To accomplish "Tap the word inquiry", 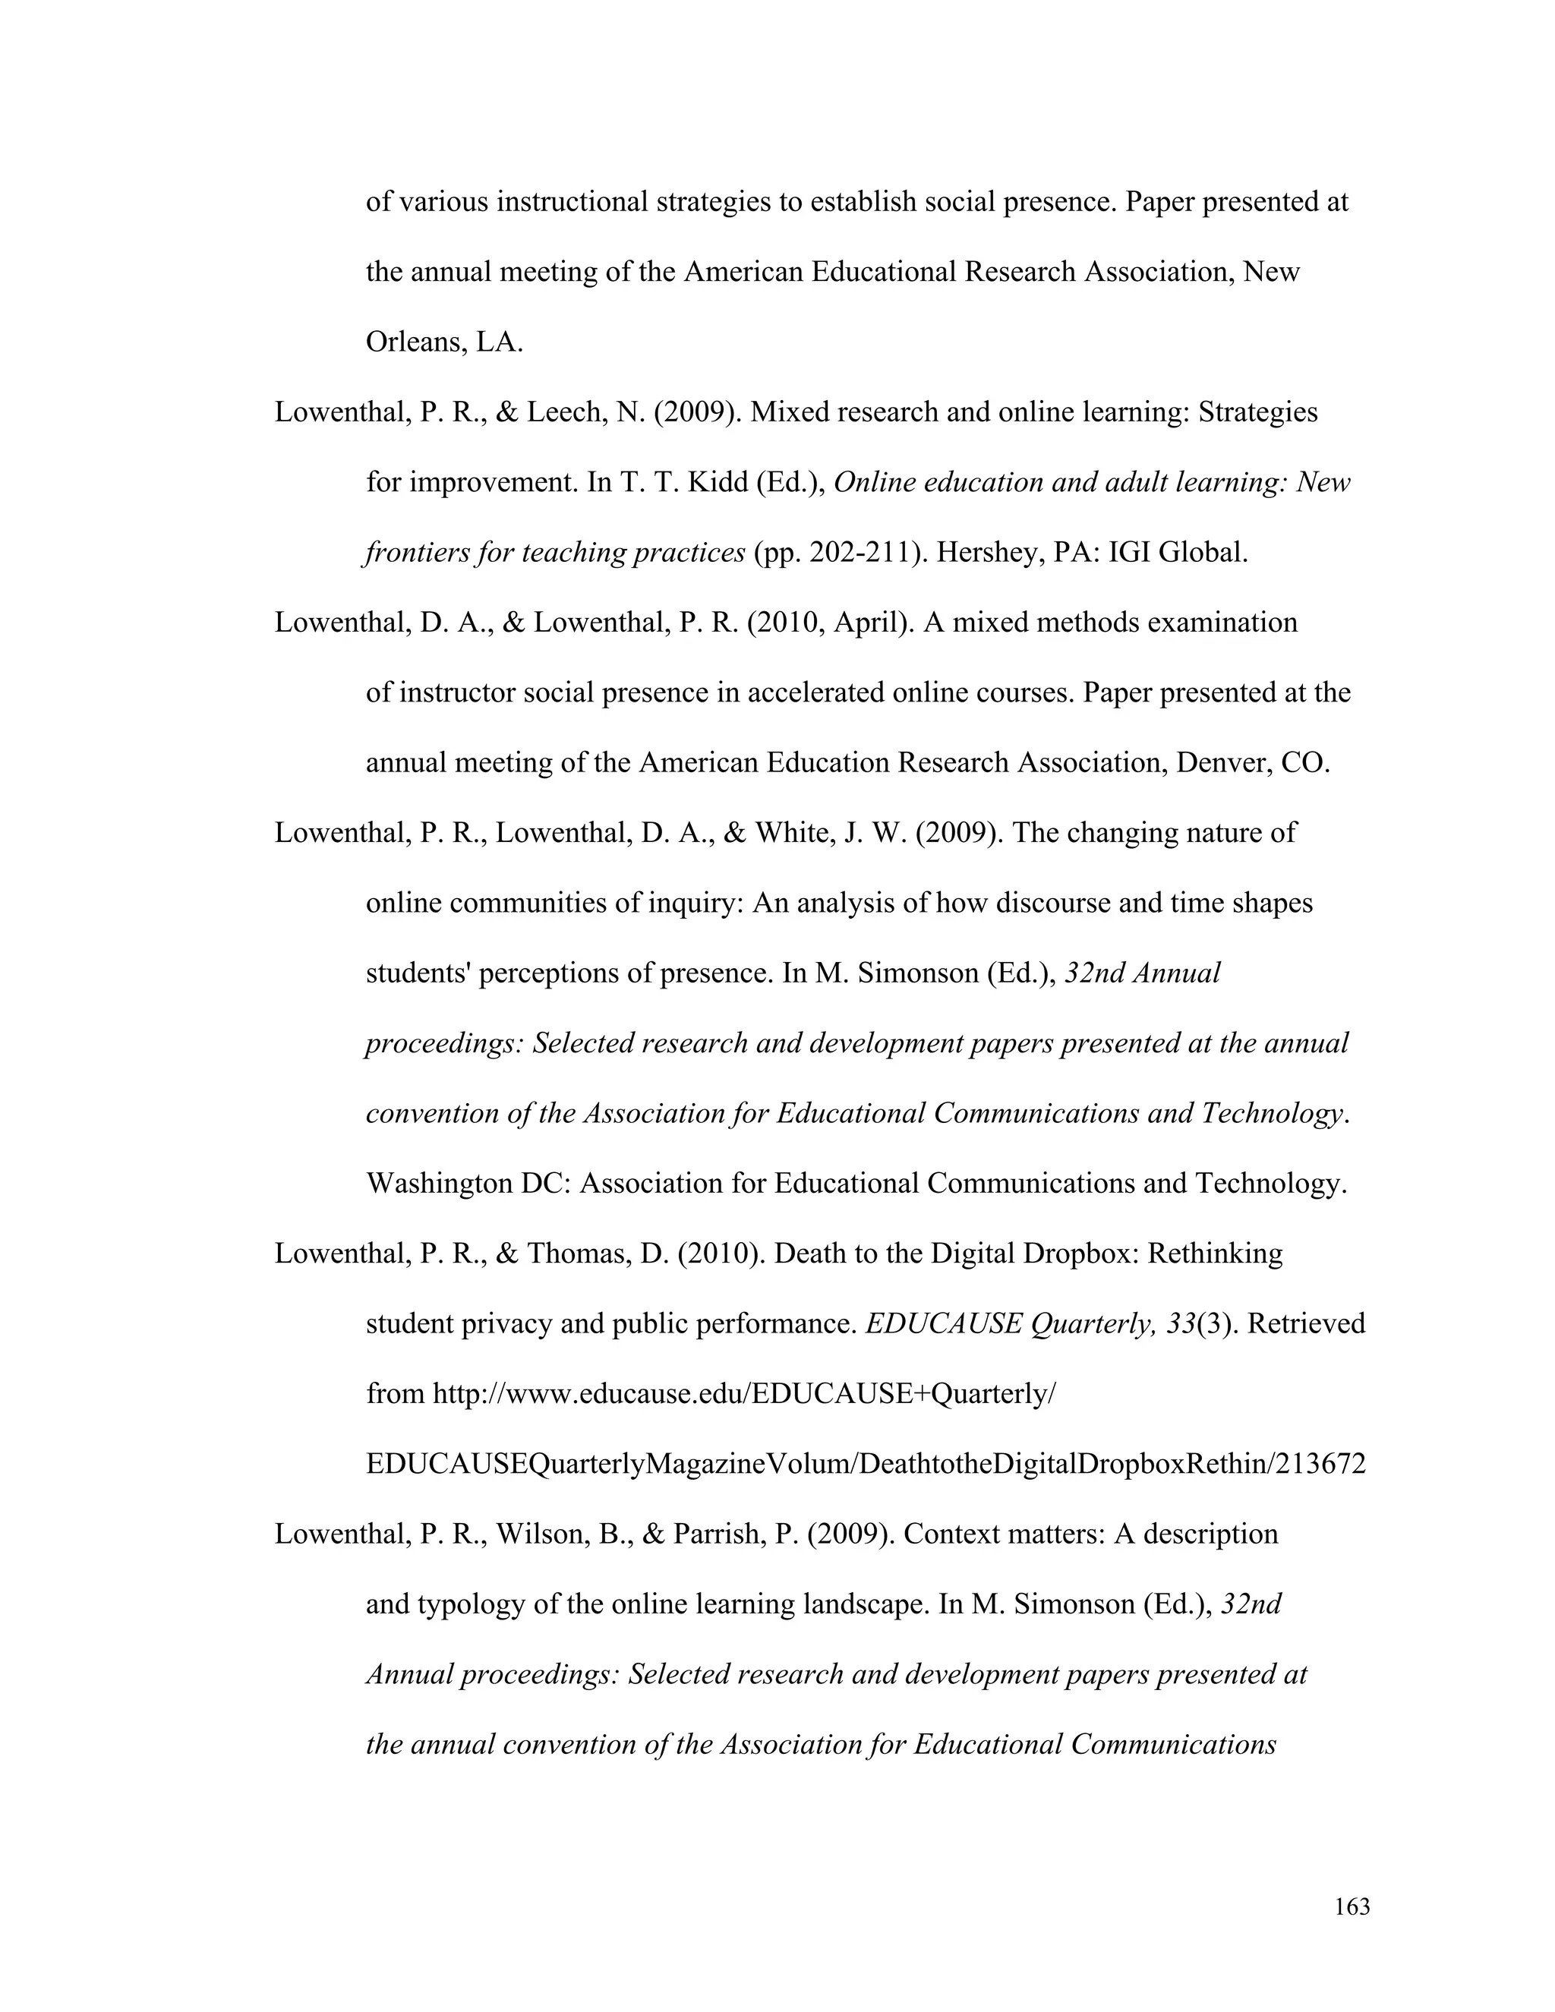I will click(x=692, y=903).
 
